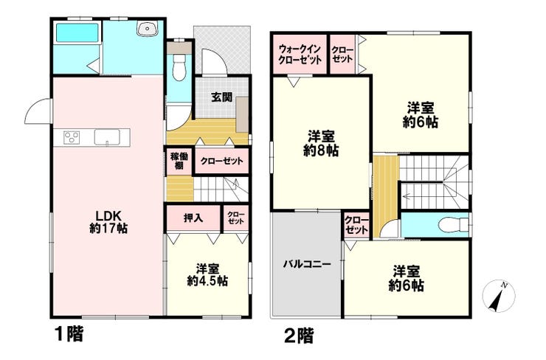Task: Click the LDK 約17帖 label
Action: click(108, 222)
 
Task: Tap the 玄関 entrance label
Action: click(222, 97)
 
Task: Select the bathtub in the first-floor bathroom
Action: click(77, 32)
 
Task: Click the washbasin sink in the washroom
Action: click(148, 27)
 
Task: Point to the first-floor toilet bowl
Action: click(179, 68)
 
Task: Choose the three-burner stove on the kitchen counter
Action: click(72, 136)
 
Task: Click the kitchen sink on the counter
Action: click(107, 137)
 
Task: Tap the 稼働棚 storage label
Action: click(179, 161)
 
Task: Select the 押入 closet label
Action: click(193, 218)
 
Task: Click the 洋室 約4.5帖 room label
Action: click(207, 274)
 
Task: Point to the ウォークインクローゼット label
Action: click(300, 55)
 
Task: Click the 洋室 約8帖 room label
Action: click(321, 143)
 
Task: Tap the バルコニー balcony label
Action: click(307, 264)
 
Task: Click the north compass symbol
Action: click(499, 296)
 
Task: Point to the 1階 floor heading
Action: click(69, 335)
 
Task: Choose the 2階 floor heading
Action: click(299, 336)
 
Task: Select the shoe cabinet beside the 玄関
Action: click(242, 114)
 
